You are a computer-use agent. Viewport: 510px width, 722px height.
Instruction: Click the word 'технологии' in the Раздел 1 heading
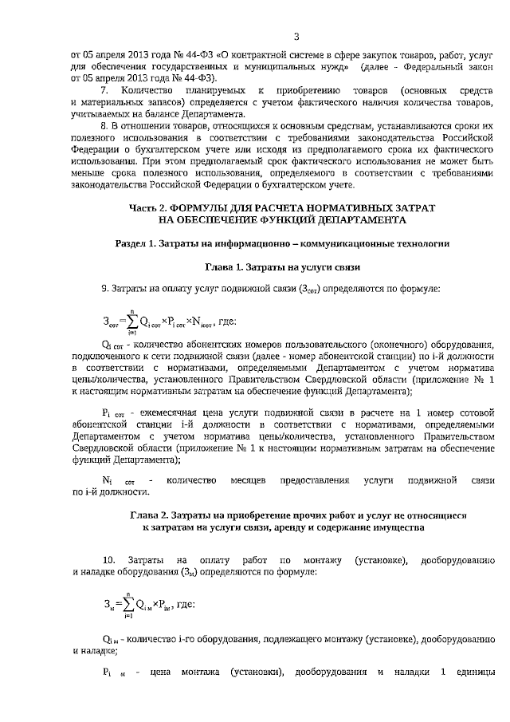click(x=422, y=243)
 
